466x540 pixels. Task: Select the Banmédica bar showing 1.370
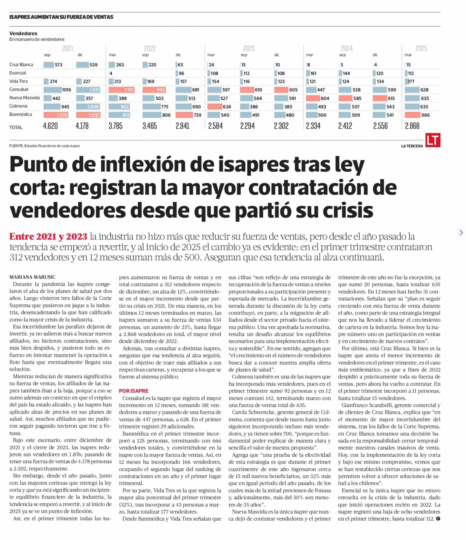pos(56,115)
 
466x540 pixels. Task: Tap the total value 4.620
pos(50,126)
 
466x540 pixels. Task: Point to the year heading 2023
pos(248,48)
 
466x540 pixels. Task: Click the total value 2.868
pos(412,126)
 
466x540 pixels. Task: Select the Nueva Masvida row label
pos(24,98)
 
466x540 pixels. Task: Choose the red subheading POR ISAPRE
pos(134,391)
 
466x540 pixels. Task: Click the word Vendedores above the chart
pos(23,33)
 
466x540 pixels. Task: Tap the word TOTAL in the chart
pos(16,127)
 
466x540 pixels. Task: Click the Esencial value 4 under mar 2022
pos(111,73)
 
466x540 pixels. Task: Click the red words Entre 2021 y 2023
pos(48,236)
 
